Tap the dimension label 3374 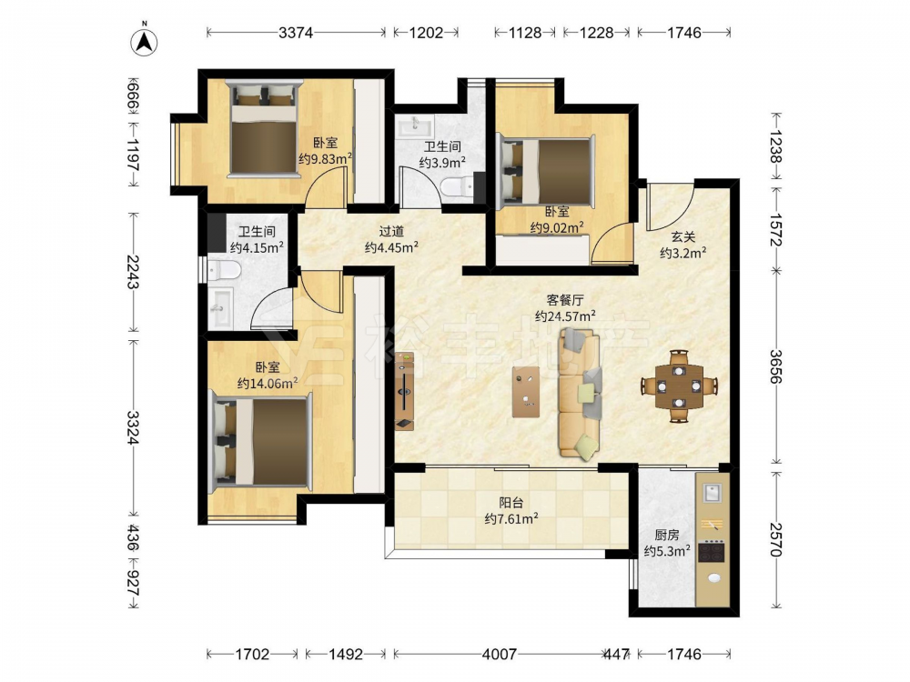296,33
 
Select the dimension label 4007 499,654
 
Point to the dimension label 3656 776,366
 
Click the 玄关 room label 683,236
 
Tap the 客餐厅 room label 565,300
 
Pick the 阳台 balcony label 511,503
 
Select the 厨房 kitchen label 667,535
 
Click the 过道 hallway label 391,231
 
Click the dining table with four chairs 679,386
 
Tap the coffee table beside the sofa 526,392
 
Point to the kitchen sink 713,493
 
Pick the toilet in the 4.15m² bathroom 224,271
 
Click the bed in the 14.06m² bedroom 261,439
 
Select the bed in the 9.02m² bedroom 546,171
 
